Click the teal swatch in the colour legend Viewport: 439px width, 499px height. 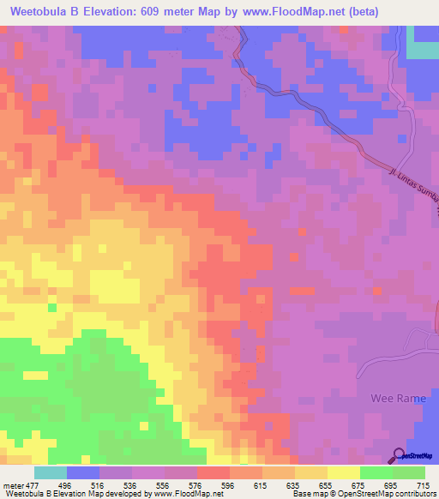[x=51, y=472]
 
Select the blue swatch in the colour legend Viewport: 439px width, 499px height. [x=83, y=472]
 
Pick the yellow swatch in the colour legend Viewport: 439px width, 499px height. [x=344, y=472]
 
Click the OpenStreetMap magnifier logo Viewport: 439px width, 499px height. [x=399, y=455]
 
